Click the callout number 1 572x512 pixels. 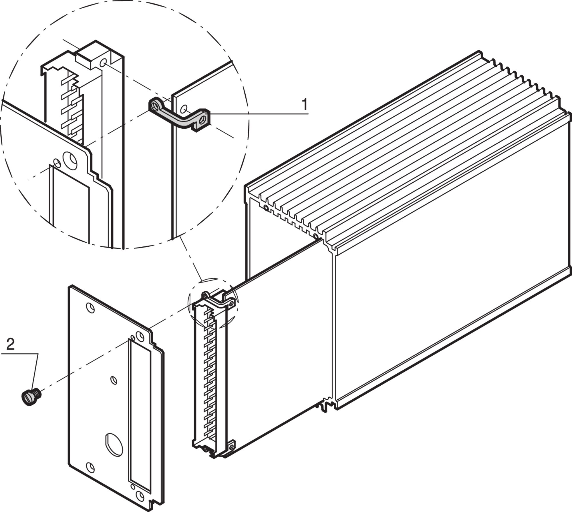[305, 104]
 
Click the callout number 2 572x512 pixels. [10, 345]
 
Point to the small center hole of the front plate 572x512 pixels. [114, 380]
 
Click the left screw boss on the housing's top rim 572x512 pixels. [266, 208]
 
